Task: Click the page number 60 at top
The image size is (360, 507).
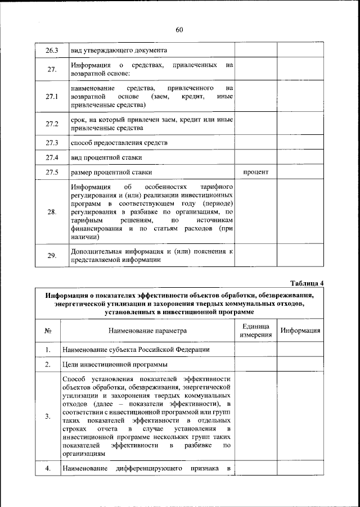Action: [179, 30]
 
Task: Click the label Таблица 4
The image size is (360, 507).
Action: [308, 282]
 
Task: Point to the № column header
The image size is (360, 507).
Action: [48, 331]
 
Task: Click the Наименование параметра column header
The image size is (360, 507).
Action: [148, 331]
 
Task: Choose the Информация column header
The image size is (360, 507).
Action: [301, 331]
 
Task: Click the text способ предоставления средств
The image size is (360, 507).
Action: [119, 143]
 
